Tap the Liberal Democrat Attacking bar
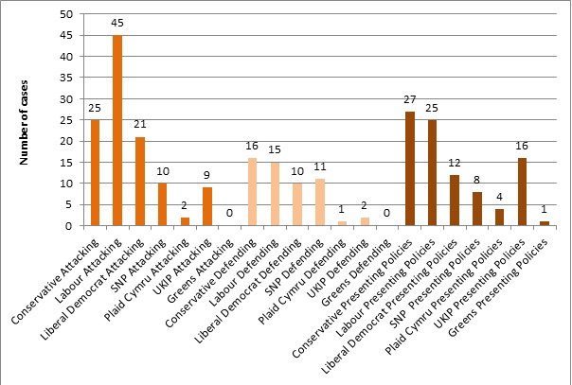click(139, 182)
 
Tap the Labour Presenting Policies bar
click(431, 173)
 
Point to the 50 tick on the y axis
click(64, 15)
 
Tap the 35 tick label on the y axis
click(64, 79)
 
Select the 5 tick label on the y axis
click(67, 205)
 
